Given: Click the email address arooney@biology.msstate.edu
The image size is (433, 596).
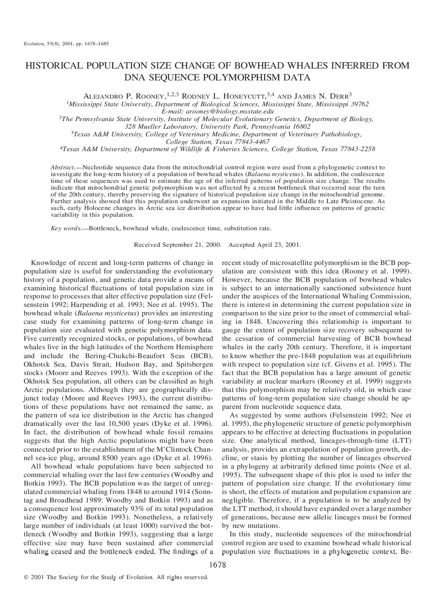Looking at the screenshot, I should click(218, 111).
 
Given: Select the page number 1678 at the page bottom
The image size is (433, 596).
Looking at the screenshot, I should click(218, 565).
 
